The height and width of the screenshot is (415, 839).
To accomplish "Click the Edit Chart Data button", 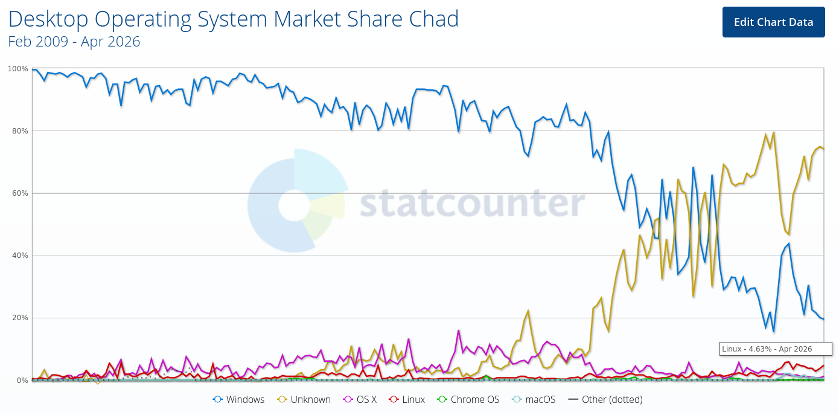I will (773, 22).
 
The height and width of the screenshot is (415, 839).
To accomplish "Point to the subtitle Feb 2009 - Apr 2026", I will (74, 42).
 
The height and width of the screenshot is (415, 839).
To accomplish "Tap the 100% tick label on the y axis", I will (18, 69).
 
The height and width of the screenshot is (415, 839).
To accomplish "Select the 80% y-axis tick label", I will (19, 131).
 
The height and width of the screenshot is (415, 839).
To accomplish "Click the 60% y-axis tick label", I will (19, 193).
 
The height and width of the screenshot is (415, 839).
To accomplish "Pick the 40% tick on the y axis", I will (19, 256).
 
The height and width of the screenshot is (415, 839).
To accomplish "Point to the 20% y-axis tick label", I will (19, 318).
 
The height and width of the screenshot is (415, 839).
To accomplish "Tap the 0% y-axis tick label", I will (22, 380).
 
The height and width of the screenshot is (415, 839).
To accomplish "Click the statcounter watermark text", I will (472, 204).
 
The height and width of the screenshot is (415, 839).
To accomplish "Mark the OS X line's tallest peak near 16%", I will (459, 330).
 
